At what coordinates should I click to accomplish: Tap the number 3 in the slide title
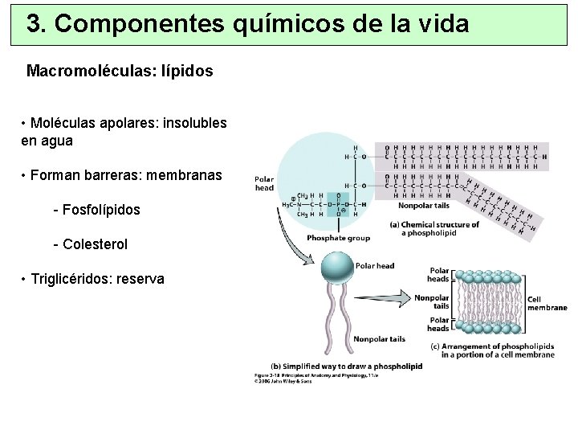coord(35,24)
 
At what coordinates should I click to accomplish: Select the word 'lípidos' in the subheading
coord(186,71)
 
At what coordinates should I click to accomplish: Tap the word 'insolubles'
coord(194,124)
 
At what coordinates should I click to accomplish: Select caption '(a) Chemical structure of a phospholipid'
coord(433,229)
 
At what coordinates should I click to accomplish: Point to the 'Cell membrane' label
coord(547,304)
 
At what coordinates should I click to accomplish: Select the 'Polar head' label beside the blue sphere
coord(375,266)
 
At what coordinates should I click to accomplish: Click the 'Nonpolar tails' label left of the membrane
coord(432,301)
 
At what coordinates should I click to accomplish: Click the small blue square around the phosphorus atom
coord(339,204)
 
